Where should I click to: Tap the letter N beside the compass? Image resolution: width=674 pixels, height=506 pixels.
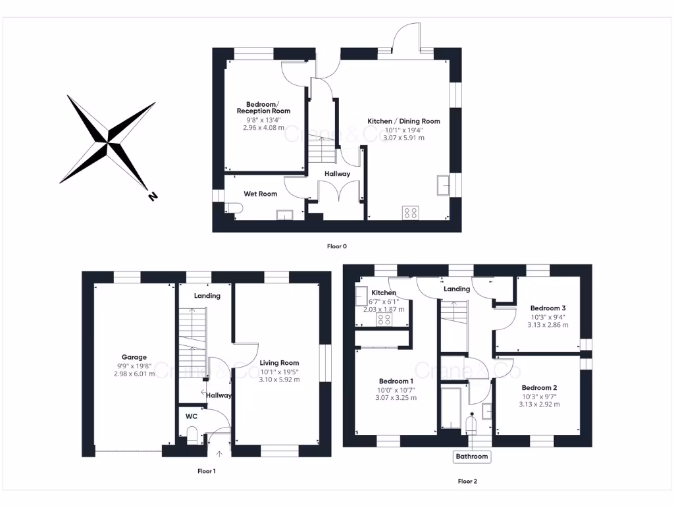(x=153, y=196)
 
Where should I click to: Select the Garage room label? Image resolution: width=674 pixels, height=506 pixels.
(x=134, y=358)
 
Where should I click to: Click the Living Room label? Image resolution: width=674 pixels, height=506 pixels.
(x=279, y=363)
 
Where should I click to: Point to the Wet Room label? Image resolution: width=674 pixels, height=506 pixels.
(x=260, y=194)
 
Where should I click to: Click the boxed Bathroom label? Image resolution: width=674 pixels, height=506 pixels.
(x=472, y=457)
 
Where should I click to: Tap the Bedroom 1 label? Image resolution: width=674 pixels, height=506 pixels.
(x=396, y=381)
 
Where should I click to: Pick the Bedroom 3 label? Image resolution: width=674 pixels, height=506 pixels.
(x=548, y=308)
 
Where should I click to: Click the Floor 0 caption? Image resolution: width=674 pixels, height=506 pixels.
(x=336, y=246)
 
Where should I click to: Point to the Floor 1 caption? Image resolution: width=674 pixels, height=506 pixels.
(x=207, y=471)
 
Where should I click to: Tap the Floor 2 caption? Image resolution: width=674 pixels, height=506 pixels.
(x=467, y=482)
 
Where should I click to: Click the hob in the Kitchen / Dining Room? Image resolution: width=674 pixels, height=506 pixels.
(x=411, y=213)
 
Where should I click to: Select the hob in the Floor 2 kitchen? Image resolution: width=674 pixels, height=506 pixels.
(x=384, y=320)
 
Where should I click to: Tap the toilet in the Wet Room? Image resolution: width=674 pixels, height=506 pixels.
(x=235, y=208)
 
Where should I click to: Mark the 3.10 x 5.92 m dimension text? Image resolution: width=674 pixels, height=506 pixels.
(x=279, y=379)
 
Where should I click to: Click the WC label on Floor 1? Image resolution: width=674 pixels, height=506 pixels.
(x=192, y=416)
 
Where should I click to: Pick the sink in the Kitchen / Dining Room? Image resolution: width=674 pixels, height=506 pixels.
(x=444, y=185)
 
